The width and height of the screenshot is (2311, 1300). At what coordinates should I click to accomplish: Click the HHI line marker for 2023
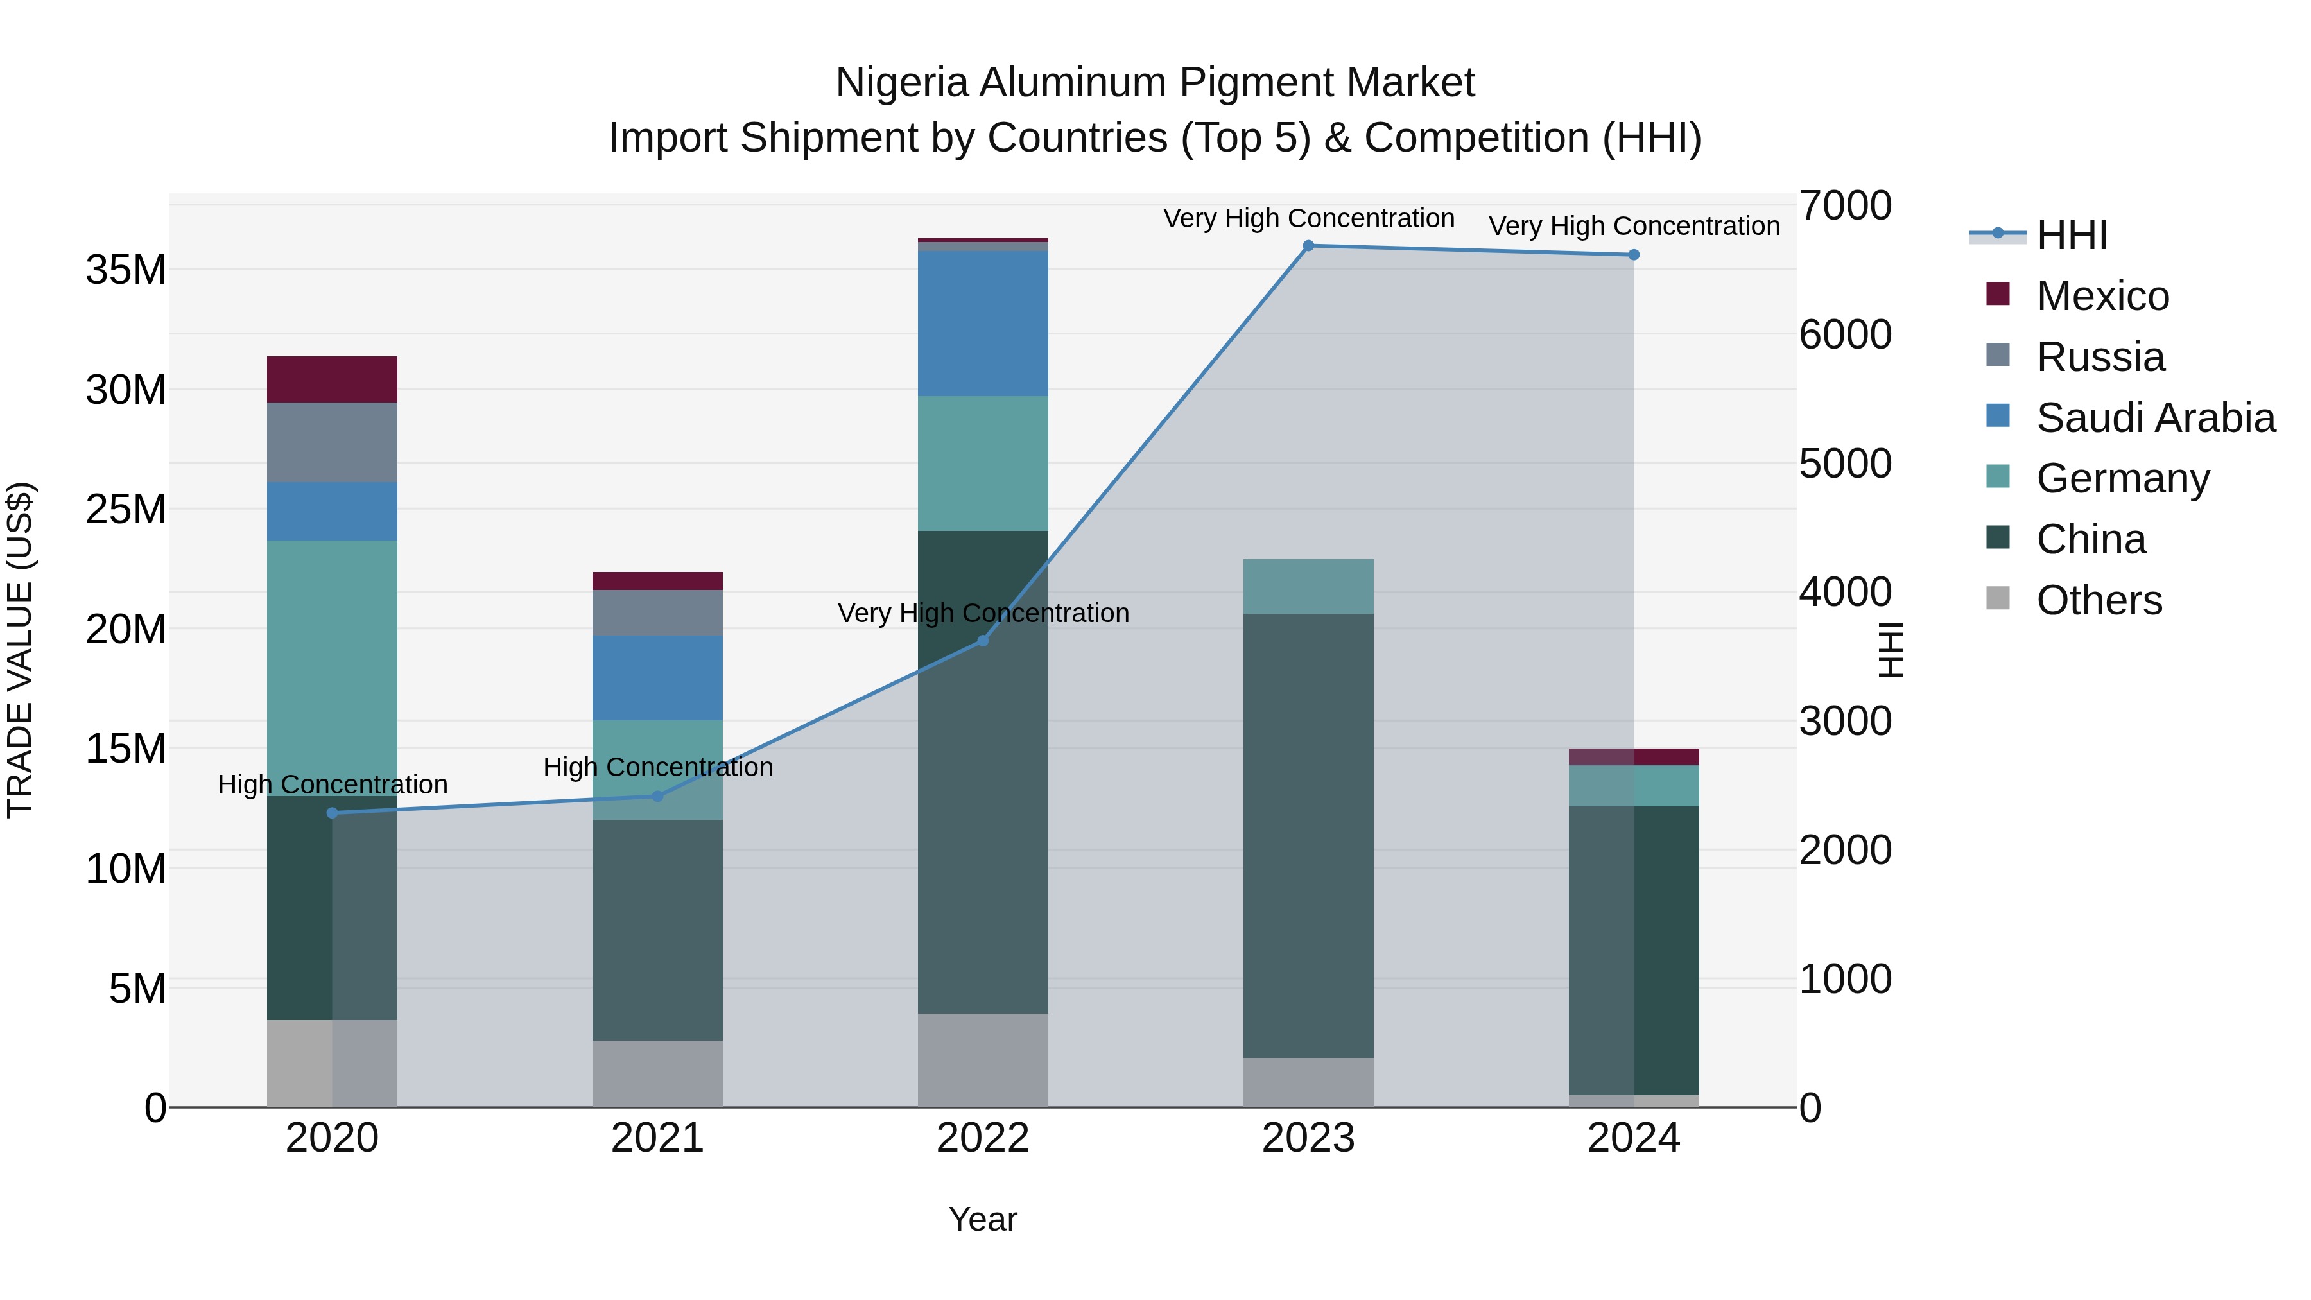[x=1308, y=246]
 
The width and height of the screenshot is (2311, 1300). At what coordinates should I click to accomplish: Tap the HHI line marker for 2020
[x=332, y=813]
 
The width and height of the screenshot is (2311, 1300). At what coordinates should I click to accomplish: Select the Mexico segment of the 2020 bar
[x=332, y=379]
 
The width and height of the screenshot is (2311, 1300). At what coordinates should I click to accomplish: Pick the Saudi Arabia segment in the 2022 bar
[x=982, y=323]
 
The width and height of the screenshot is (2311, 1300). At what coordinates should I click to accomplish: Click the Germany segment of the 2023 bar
[x=1308, y=587]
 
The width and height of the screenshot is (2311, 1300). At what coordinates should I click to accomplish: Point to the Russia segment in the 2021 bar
[x=657, y=613]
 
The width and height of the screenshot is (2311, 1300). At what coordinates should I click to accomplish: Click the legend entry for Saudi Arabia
[x=2155, y=418]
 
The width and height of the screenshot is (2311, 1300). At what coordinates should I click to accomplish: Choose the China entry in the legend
[x=2090, y=539]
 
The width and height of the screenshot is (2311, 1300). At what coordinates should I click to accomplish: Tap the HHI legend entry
[x=2070, y=235]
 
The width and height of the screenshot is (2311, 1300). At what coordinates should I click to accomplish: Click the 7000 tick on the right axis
[x=1846, y=205]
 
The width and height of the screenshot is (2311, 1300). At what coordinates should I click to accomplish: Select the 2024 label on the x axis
[x=1632, y=1138]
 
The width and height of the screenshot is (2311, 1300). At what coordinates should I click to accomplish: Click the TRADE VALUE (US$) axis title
[x=20, y=650]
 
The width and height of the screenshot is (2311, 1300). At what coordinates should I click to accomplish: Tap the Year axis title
[x=982, y=1219]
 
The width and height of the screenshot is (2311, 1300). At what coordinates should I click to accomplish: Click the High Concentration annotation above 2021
[x=657, y=767]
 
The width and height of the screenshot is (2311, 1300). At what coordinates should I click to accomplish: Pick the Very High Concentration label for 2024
[x=1634, y=226]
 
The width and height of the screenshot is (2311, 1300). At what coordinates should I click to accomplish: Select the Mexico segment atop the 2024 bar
[x=1632, y=756]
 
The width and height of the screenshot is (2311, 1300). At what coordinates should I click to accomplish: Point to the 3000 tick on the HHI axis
[x=1846, y=722]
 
